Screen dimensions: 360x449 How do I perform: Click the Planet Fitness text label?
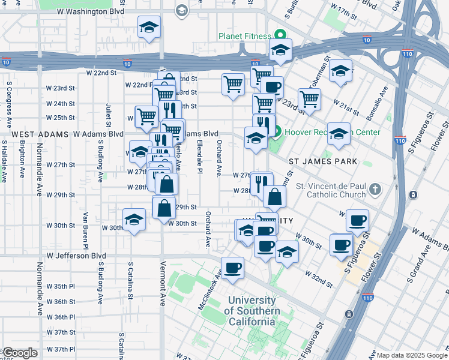pos(244,36)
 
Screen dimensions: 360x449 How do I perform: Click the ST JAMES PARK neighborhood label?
pos(323,162)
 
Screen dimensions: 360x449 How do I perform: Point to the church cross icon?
pos(375,190)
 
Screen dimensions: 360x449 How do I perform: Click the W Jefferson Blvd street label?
pos(76,256)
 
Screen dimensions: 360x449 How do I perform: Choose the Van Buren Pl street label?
pos(86,231)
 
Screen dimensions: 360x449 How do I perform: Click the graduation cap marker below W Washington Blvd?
pos(149,27)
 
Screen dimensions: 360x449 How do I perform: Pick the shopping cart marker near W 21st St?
pos(309,100)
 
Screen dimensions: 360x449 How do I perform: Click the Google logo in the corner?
pos(19,353)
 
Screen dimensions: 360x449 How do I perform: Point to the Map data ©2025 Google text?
pos(412,355)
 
